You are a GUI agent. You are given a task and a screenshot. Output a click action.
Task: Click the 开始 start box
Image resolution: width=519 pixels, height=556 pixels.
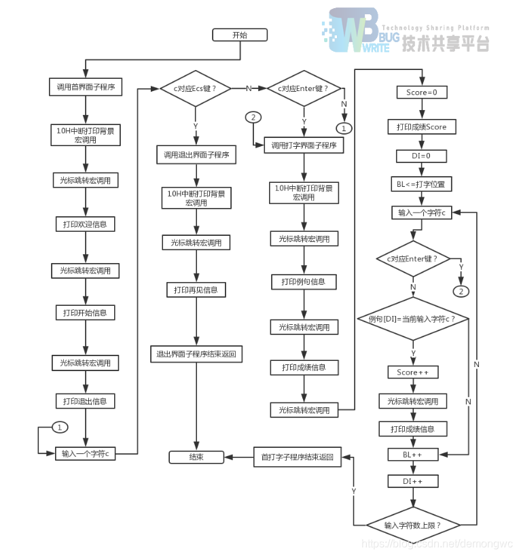[x=240, y=35]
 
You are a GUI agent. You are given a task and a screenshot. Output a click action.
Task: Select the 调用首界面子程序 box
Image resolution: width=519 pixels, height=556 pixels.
[x=85, y=87]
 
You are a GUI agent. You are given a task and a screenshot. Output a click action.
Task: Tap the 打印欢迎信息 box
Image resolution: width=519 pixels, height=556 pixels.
[x=85, y=224]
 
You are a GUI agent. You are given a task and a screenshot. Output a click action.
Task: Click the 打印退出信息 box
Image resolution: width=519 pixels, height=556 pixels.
[x=85, y=401]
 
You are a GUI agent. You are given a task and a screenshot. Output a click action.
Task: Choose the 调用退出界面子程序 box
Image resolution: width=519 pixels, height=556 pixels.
[x=196, y=155]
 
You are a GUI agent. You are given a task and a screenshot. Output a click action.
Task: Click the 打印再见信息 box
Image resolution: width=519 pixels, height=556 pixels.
[x=196, y=290]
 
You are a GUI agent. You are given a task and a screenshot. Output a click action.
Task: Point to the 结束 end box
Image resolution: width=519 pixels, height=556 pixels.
[x=196, y=457]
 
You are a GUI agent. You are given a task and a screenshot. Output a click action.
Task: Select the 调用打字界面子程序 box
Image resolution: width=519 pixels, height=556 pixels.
[x=304, y=145]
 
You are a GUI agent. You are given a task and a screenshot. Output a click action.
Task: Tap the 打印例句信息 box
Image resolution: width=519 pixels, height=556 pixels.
[x=304, y=281]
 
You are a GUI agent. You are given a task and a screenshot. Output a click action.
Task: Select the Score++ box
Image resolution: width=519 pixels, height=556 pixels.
[x=413, y=372]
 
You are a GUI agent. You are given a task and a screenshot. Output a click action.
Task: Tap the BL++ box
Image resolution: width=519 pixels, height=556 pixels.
[x=413, y=453]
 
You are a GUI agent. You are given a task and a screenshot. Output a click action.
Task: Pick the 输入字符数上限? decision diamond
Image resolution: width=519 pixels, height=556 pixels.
[x=413, y=525]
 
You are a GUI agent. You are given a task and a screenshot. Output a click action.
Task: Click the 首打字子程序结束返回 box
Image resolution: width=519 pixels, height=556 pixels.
[x=298, y=457]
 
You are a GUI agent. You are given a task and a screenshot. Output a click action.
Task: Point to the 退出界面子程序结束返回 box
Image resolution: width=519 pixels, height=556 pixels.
[x=196, y=354]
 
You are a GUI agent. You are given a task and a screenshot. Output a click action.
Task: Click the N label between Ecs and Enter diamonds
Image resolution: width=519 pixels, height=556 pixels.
[x=249, y=88]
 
